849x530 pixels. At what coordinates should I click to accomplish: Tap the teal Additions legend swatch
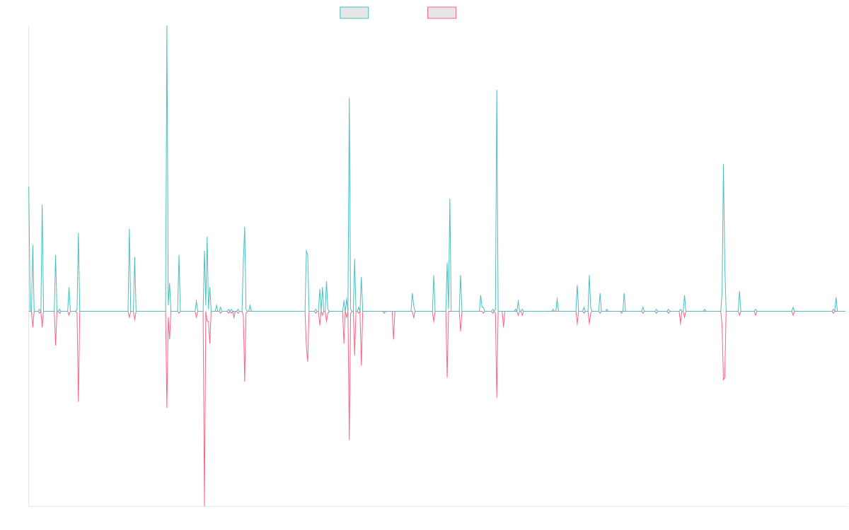354,13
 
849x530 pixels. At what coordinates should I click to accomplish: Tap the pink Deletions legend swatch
442,13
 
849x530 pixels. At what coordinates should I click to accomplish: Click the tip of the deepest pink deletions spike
204,505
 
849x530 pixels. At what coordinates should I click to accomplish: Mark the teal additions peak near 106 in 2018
350,98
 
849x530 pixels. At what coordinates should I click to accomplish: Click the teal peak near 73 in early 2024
724,165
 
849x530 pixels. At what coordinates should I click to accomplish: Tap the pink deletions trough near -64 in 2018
350,440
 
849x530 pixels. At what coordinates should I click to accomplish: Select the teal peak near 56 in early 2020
450,199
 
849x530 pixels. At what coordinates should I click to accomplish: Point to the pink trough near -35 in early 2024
724,380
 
